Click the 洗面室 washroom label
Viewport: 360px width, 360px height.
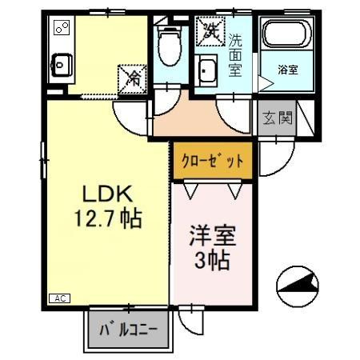coord(236,54)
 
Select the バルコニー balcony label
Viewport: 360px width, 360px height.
coord(127,329)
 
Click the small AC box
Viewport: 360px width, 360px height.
coord(59,298)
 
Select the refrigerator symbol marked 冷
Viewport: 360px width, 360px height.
coord(133,78)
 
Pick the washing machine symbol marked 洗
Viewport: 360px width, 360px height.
coord(211,32)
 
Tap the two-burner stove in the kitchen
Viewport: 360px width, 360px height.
coord(61,29)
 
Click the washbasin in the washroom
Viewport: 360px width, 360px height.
coord(206,70)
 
